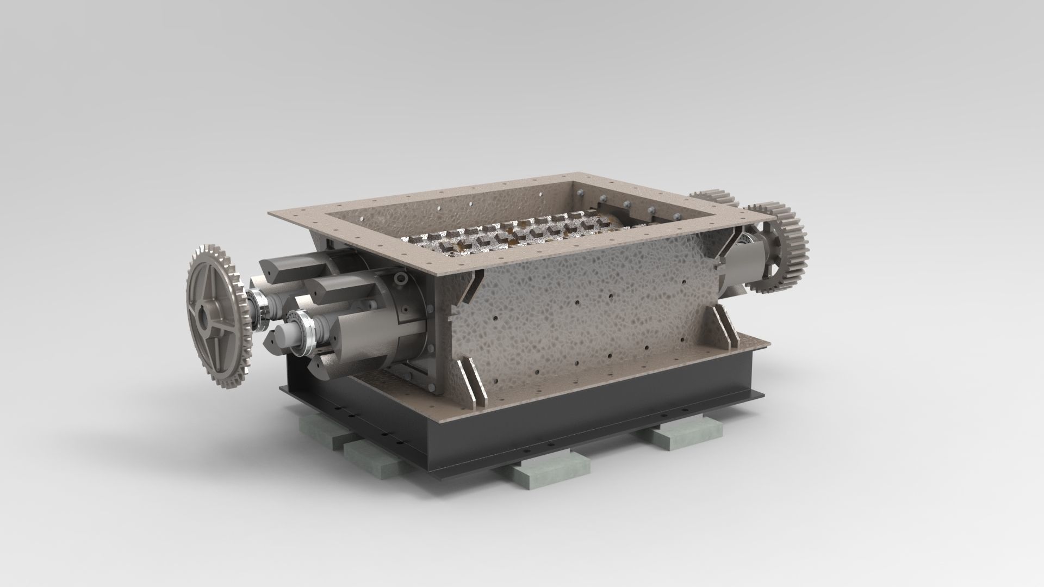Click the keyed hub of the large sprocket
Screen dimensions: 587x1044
[204, 315]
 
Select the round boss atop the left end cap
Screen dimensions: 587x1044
[402, 279]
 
